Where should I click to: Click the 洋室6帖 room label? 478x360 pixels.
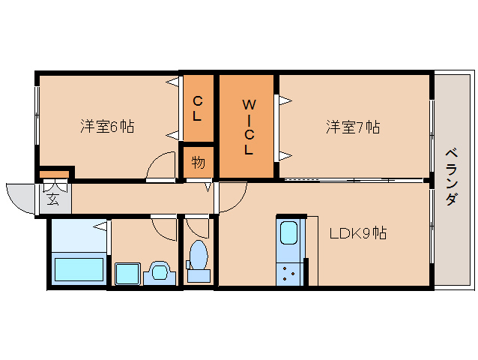(x=107, y=127)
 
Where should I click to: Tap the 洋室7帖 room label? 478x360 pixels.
(x=352, y=127)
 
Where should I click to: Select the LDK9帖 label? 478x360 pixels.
(x=358, y=233)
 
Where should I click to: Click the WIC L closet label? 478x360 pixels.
(x=247, y=127)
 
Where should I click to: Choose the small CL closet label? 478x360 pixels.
(x=197, y=108)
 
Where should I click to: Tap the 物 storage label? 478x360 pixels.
(x=198, y=163)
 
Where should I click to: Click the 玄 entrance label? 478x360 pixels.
(x=53, y=199)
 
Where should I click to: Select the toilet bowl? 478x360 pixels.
(x=199, y=257)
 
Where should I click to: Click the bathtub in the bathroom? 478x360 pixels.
(x=78, y=268)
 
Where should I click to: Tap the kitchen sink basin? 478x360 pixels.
(x=289, y=235)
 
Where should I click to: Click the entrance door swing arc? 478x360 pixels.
(x=19, y=196)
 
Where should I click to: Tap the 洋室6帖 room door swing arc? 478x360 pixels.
(x=160, y=166)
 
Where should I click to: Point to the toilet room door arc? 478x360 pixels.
(x=196, y=226)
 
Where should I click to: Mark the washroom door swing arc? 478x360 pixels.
(x=163, y=226)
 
